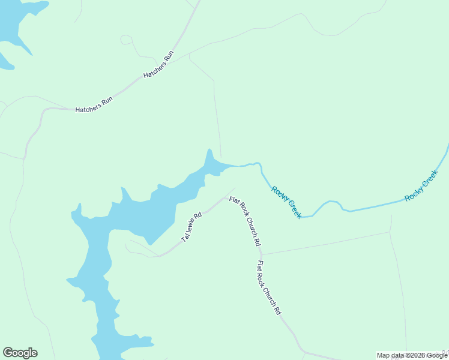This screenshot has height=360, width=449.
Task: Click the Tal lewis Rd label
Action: (x=191, y=227)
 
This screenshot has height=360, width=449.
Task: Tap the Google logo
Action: (x=20, y=353)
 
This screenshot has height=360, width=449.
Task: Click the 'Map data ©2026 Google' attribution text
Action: (x=412, y=355)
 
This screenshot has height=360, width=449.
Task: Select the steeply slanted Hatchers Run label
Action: (x=158, y=65)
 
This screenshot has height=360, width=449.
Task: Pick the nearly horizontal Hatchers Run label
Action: (x=94, y=106)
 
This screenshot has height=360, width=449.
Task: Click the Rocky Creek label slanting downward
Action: (x=286, y=202)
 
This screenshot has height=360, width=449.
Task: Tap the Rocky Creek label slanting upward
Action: (x=421, y=185)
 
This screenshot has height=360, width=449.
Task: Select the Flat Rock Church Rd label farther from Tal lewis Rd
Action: (x=268, y=288)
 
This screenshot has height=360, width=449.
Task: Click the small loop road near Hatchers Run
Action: (x=126, y=40)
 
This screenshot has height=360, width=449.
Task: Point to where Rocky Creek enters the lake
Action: (x=240, y=166)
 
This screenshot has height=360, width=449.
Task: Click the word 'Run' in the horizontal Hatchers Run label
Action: (x=107, y=101)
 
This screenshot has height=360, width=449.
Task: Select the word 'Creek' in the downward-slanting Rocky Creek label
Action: (x=292, y=209)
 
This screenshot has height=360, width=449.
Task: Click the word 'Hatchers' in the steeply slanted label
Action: (x=154, y=69)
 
